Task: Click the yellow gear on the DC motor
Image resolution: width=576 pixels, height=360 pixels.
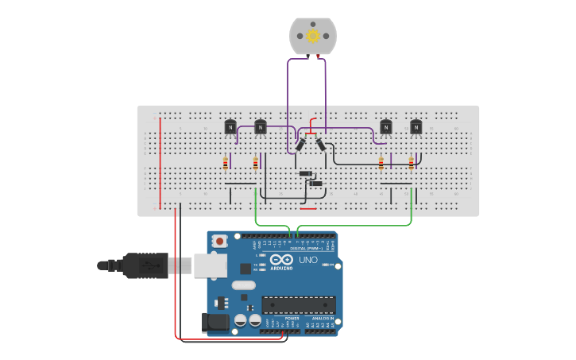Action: coord(312,36)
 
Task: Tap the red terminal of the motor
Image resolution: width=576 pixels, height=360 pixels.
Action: coord(319,56)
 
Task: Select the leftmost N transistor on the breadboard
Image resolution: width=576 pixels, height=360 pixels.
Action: coord(230,126)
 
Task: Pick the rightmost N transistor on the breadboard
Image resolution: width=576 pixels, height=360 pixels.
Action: coord(416,126)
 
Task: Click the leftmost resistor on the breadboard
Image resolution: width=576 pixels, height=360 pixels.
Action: coord(226,164)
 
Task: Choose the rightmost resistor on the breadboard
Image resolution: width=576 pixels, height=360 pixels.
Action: coord(411,164)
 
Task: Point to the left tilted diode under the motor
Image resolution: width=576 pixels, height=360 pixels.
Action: coord(301,145)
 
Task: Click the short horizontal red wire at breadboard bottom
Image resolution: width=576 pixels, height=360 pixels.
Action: coord(308,209)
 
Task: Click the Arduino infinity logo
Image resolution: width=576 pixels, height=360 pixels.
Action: coord(281,260)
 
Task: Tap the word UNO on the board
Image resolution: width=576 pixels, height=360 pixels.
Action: coord(307,260)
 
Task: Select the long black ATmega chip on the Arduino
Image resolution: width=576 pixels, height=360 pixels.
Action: coord(299,304)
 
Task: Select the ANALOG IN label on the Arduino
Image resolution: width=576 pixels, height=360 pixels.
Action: coord(323,318)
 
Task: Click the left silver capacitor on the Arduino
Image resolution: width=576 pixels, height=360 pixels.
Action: coord(240,320)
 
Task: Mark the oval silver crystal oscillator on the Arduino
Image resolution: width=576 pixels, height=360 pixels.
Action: coord(244,285)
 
